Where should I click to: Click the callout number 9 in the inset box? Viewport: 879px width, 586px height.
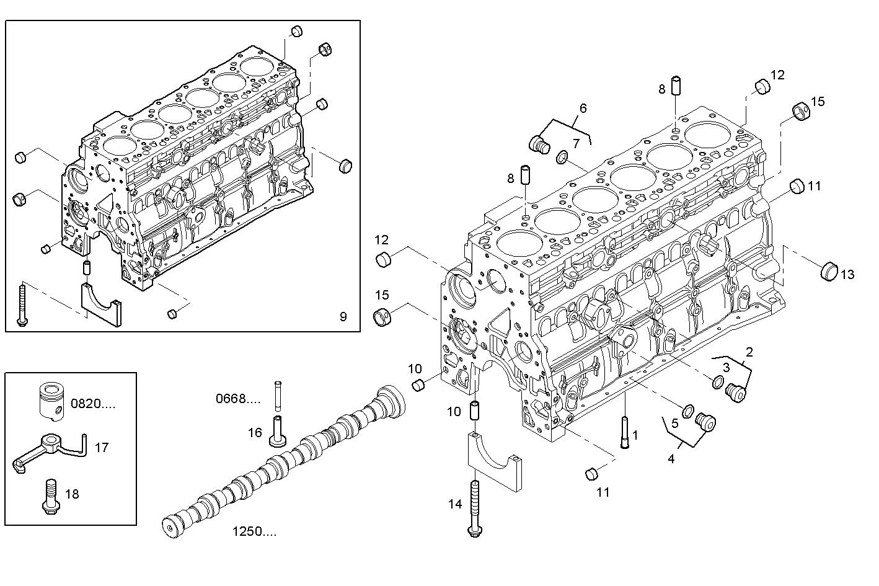(343, 317)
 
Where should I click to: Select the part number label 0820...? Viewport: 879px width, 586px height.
(93, 404)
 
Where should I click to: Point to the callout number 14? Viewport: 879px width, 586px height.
(455, 504)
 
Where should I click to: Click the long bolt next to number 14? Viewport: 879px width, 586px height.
(475, 508)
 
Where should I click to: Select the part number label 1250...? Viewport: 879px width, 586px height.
(254, 531)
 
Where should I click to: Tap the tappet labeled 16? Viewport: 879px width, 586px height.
(277, 432)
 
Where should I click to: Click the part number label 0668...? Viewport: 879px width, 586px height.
(238, 398)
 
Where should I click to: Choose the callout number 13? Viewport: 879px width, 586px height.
(847, 274)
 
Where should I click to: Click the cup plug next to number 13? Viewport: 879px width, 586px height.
(828, 271)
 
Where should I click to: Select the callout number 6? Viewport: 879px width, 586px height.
(583, 108)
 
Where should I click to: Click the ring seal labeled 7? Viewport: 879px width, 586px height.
(563, 158)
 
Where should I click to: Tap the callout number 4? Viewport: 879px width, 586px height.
(671, 459)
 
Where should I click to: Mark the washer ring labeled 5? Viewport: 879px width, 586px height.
(688, 411)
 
